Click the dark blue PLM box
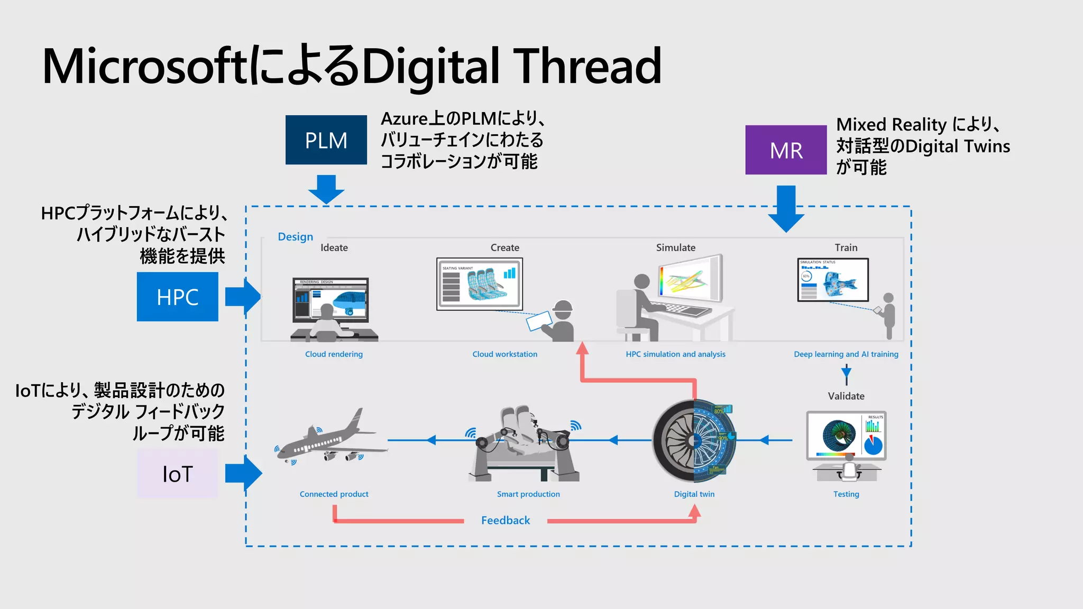point(326,140)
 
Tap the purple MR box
point(786,150)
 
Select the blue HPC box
point(177,297)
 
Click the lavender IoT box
point(177,474)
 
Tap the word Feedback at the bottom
point(505,520)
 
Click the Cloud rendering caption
point(334,354)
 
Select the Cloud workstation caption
point(504,354)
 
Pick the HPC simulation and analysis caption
point(675,354)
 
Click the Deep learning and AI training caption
point(846,354)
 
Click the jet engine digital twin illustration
point(694,440)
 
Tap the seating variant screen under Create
point(479,284)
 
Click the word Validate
point(846,396)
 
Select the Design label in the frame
point(295,237)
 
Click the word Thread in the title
point(587,66)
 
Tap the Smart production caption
point(528,494)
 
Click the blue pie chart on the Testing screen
point(873,445)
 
